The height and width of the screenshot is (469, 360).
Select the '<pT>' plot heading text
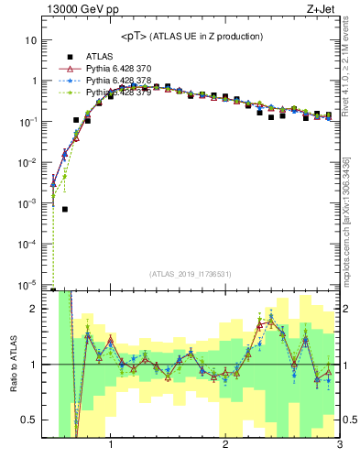click(136, 37)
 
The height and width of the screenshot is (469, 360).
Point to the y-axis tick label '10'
click(31, 40)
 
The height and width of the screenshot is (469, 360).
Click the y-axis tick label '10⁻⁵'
click(29, 285)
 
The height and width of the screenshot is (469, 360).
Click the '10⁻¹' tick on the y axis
click(29, 122)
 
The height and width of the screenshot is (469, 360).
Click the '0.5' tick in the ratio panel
click(29, 420)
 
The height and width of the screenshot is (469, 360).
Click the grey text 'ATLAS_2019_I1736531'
click(191, 274)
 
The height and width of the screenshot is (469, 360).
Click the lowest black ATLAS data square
click(65, 209)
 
